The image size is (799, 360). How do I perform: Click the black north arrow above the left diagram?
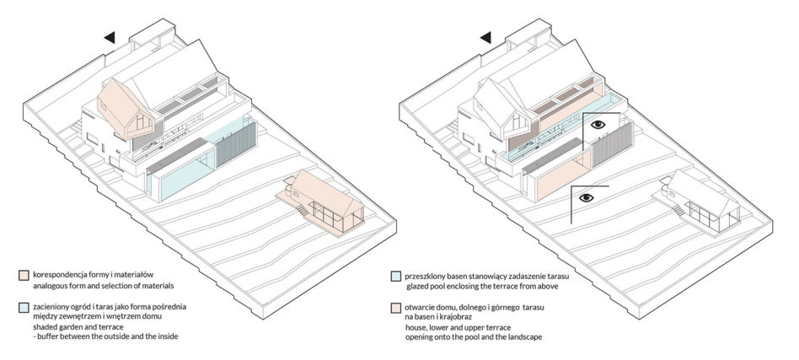[110, 37]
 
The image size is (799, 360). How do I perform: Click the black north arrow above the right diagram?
[485, 37]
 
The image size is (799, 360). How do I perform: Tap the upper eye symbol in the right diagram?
[598, 124]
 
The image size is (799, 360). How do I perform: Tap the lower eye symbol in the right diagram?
[586, 198]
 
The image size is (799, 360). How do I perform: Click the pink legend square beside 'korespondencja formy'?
[22, 275]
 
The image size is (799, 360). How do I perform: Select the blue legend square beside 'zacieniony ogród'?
[22, 308]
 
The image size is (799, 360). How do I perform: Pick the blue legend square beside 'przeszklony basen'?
[394, 277]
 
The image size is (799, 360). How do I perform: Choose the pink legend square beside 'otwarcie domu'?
[394, 308]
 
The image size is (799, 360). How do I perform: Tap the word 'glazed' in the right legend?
[418, 287]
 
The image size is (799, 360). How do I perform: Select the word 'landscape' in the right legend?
[526, 337]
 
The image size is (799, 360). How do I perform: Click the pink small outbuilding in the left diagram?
[322, 202]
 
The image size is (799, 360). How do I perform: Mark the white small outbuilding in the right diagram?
[698, 202]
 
